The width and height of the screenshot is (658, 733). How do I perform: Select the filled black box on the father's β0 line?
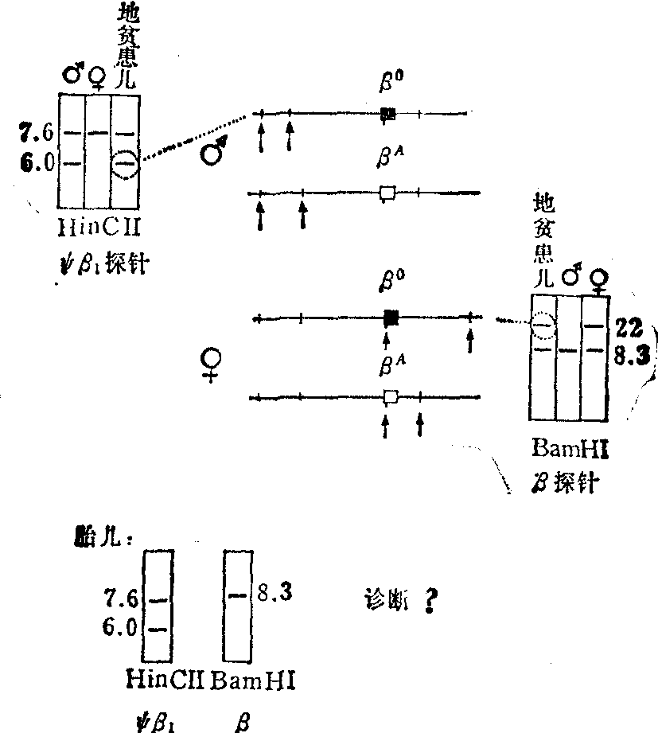(387, 114)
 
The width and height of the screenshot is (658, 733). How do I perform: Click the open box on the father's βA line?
(387, 192)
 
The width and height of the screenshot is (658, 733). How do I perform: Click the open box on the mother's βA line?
(390, 396)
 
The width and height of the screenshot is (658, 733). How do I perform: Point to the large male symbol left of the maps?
(214, 152)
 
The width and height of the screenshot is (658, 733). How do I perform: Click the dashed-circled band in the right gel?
(543, 325)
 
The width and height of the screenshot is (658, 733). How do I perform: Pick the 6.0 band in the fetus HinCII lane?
(158, 629)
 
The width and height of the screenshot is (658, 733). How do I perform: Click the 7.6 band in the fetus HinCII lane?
(158, 598)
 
